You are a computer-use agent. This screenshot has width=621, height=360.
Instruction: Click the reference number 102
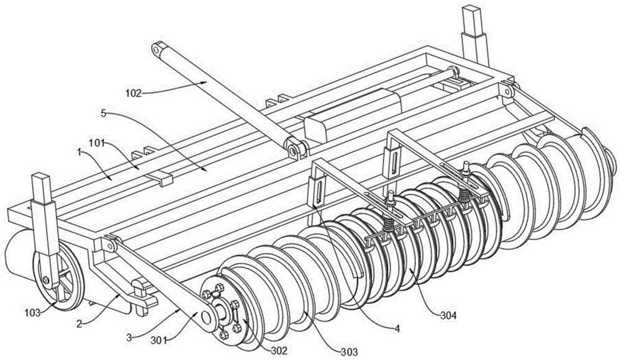133,94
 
